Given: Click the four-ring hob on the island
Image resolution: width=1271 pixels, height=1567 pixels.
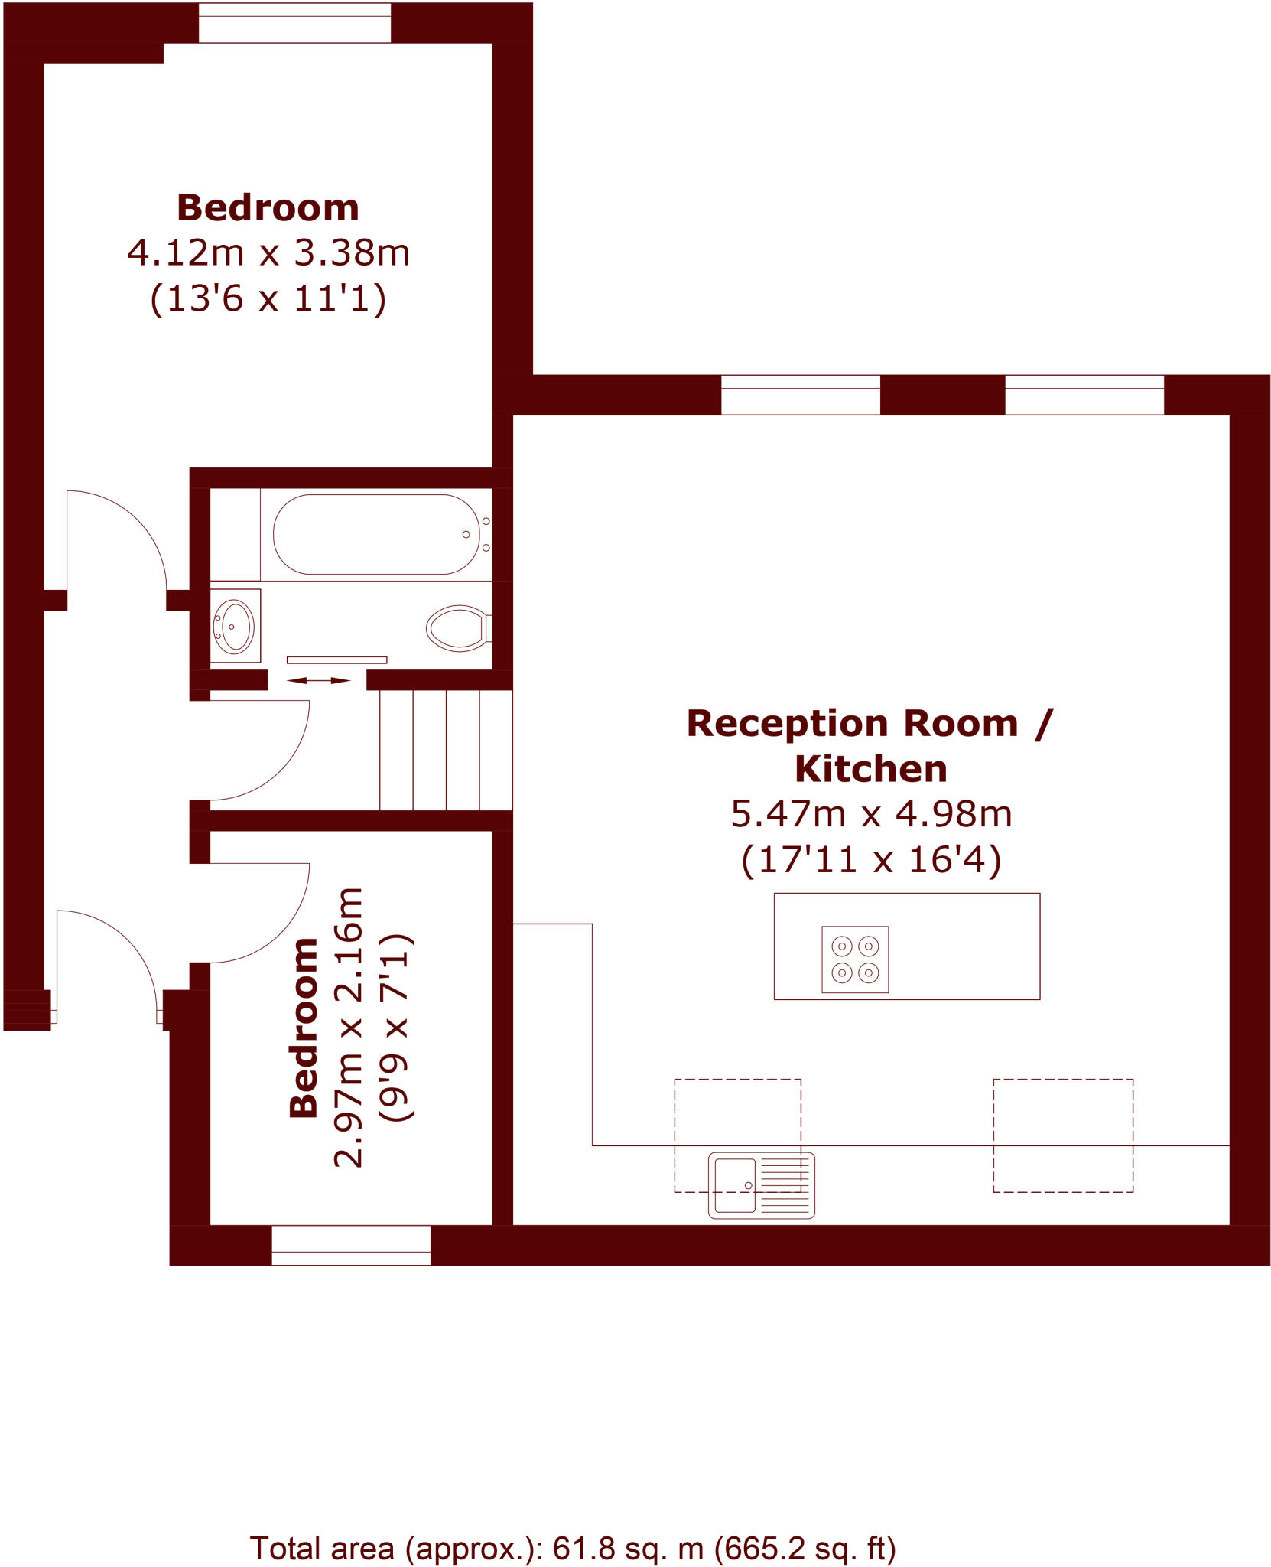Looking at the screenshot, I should (855, 959).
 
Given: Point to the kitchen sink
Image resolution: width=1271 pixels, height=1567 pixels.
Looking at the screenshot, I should (761, 1185).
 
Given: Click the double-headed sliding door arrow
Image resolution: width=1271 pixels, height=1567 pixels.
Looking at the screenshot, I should (319, 680).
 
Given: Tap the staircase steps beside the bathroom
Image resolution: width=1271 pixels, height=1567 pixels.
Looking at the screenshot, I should (446, 750).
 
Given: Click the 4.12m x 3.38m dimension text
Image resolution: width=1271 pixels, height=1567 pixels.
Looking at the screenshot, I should (268, 252).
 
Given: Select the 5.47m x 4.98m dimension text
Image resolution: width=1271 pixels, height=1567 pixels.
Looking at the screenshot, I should (871, 814).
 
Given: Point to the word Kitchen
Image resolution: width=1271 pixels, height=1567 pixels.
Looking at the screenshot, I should (871, 769).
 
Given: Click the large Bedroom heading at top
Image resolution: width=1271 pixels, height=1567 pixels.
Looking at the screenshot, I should (268, 208).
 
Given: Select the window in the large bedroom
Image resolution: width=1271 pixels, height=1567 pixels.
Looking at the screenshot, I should (294, 23).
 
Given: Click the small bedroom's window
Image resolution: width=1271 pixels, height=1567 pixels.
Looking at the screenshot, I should (351, 1246).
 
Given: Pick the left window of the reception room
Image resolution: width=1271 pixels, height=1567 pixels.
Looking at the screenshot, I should (800, 395).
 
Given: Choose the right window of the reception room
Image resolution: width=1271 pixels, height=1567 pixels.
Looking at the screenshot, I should (1084, 395).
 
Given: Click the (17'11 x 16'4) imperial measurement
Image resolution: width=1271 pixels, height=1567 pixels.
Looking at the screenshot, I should (871, 860).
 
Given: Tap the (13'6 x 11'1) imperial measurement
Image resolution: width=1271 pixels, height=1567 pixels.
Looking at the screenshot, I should (268, 298).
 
